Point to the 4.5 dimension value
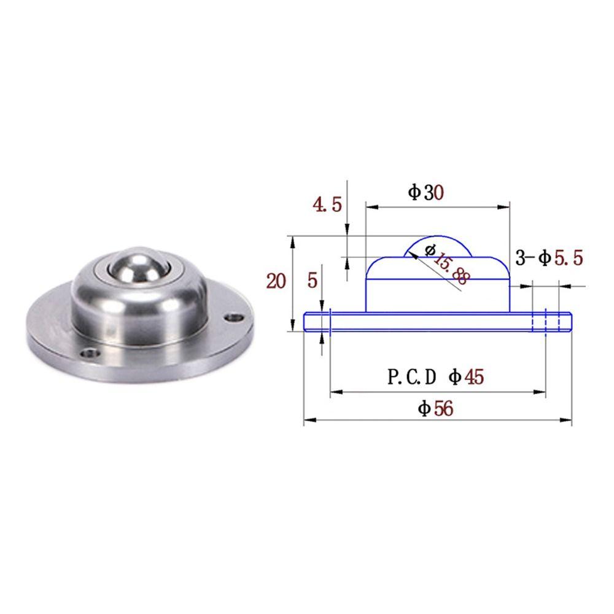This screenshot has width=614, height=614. click(x=327, y=205)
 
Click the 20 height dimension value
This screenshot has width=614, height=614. click(x=276, y=281)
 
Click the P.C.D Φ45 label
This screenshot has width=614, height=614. click(x=435, y=376)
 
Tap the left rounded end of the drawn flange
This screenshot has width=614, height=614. click(x=306, y=322)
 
